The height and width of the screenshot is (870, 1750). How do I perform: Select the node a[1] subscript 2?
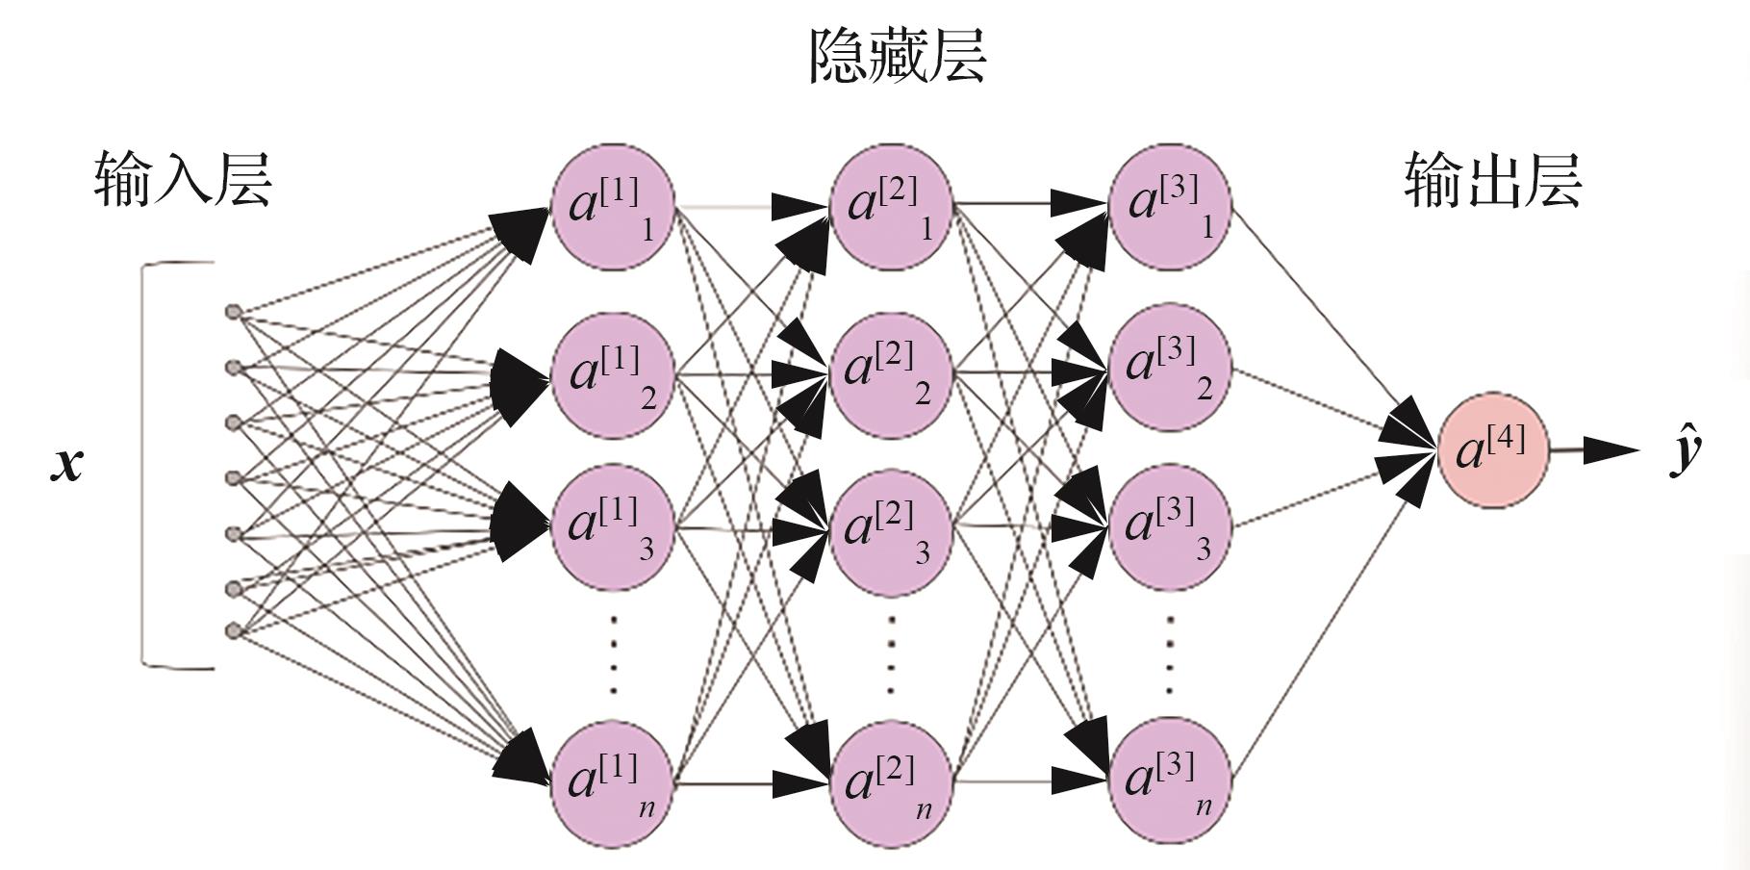tap(612, 372)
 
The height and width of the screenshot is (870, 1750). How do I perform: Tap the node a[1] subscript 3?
tap(612, 527)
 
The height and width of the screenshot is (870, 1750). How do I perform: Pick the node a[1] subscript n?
tap(612, 783)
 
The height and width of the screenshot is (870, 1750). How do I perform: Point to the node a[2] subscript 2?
tap(891, 372)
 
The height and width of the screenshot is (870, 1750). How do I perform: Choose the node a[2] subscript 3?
tap(891, 527)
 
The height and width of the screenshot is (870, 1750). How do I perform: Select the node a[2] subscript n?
tap(891, 783)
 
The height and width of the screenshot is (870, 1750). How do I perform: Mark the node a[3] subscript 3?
tap(1170, 527)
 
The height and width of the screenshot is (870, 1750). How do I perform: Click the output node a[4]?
tap(1493, 449)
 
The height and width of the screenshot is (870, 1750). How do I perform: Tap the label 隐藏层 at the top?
tap(897, 56)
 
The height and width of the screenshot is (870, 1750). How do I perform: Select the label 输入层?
tap(183, 180)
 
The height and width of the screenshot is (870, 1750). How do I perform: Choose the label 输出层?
tap(1492, 180)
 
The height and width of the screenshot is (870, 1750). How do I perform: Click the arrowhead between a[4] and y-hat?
tap(1610, 449)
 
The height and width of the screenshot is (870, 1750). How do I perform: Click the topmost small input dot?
tap(232, 312)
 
